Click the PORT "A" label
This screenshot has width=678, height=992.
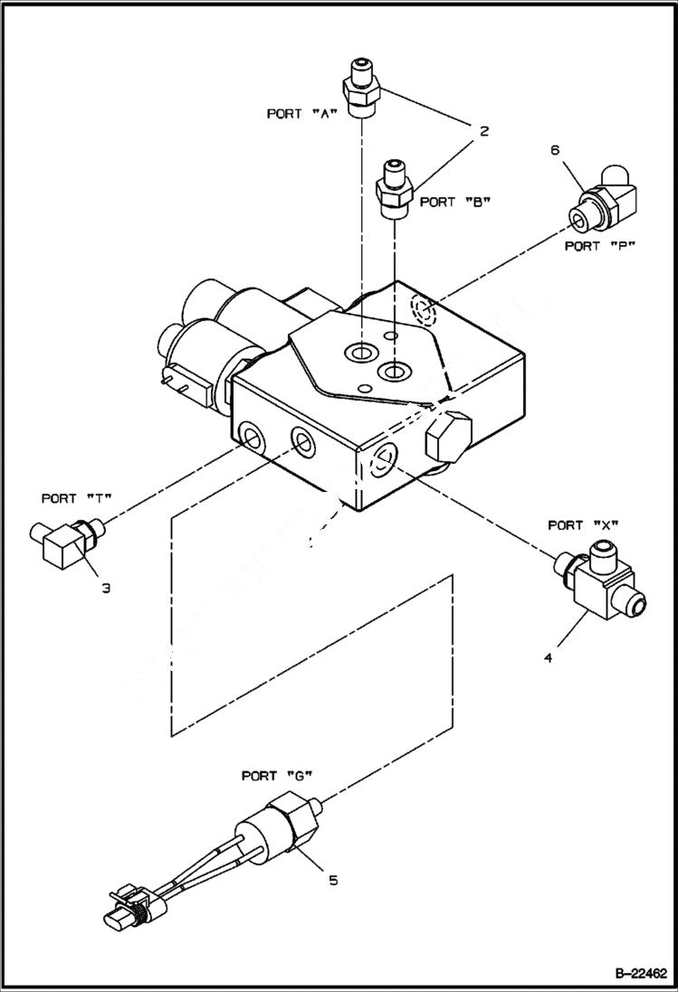click(x=301, y=114)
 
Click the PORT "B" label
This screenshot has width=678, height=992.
click(x=455, y=202)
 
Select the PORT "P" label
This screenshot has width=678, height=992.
click(x=595, y=245)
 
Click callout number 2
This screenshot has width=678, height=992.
click(x=484, y=131)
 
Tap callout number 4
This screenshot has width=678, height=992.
click(x=548, y=658)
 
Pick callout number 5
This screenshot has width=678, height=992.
click(x=333, y=879)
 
